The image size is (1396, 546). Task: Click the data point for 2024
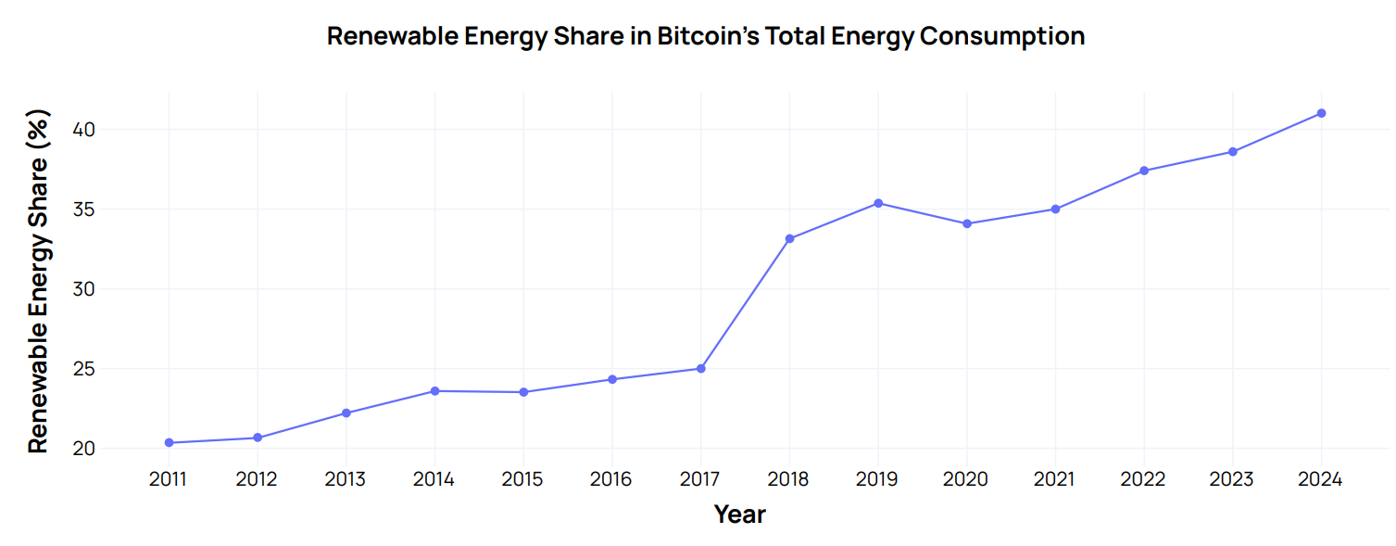click(1321, 113)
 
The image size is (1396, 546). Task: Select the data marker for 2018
click(789, 238)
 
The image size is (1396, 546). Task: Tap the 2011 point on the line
click(169, 442)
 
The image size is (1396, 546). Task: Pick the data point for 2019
click(878, 203)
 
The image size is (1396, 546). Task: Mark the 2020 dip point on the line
click(967, 223)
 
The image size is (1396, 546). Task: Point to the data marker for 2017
click(701, 368)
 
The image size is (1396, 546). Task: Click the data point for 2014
click(434, 390)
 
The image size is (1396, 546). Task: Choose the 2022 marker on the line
click(1144, 171)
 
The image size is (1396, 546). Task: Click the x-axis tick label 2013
click(346, 479)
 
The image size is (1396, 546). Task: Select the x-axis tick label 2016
click(611, 479)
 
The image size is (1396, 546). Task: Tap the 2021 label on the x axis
click(1055, 479)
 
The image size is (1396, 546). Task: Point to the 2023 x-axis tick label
click(1232, 479)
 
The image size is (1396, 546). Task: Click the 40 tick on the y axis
click(84, 130)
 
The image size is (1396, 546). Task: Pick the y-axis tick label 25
click(84, 369)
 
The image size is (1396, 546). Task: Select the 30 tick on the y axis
click(84, 289)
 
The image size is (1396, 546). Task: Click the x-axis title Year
click(739, 514)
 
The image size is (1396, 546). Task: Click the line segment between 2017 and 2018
click(746, 303)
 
